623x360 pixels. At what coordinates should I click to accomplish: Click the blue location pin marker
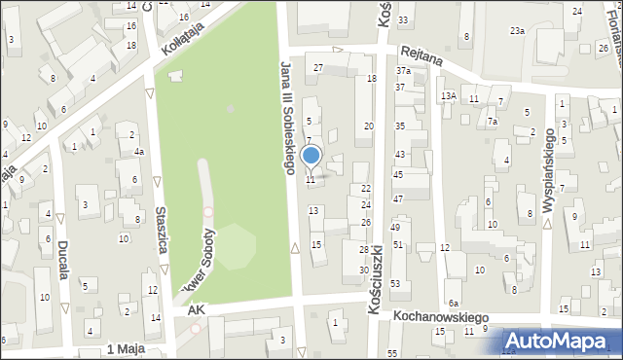click(x=311, y=156)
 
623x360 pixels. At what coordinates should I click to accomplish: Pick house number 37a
click(x=403, y=71)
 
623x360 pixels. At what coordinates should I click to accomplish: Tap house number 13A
click(x=448, y=95)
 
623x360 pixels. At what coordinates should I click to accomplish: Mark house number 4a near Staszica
click(x=139, y=151)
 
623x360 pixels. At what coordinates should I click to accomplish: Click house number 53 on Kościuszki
click(x=395, y=283)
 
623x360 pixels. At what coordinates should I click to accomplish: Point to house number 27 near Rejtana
click(x=318, y=67)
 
